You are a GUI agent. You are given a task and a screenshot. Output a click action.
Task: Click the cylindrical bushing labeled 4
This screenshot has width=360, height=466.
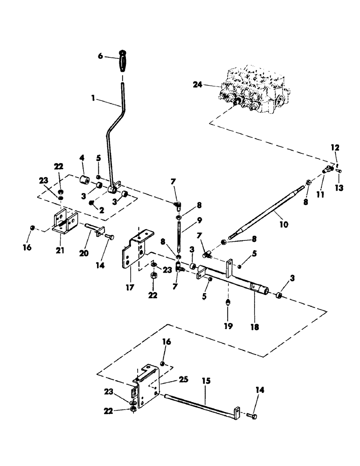[x=84, y=180]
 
